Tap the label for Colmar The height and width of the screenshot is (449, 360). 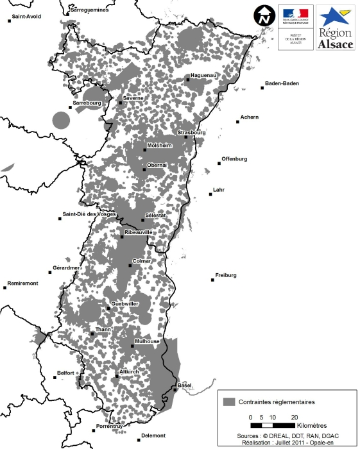pos(141,261)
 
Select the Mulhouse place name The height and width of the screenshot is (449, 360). pos(147,342)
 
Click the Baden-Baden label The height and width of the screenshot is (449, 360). pos(282,83)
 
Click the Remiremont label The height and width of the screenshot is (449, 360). pos(22,283)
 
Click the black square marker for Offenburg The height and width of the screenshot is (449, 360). pos(219,164)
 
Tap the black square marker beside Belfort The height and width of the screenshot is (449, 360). pos(55,377)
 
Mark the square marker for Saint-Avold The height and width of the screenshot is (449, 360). pos(9,21)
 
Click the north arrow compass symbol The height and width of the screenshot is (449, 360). pos(262,15)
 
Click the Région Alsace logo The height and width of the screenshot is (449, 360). pos(336,27)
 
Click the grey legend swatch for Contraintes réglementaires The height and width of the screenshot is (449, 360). pos(229,402)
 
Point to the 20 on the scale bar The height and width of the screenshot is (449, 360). pos(295,417)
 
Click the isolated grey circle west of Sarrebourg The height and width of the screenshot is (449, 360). pos(61,120)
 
